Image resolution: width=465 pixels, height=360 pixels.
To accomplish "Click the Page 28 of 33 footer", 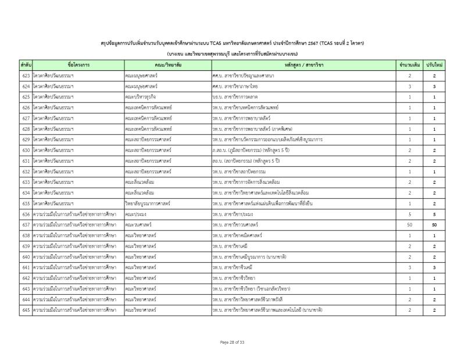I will coord(233,342).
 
